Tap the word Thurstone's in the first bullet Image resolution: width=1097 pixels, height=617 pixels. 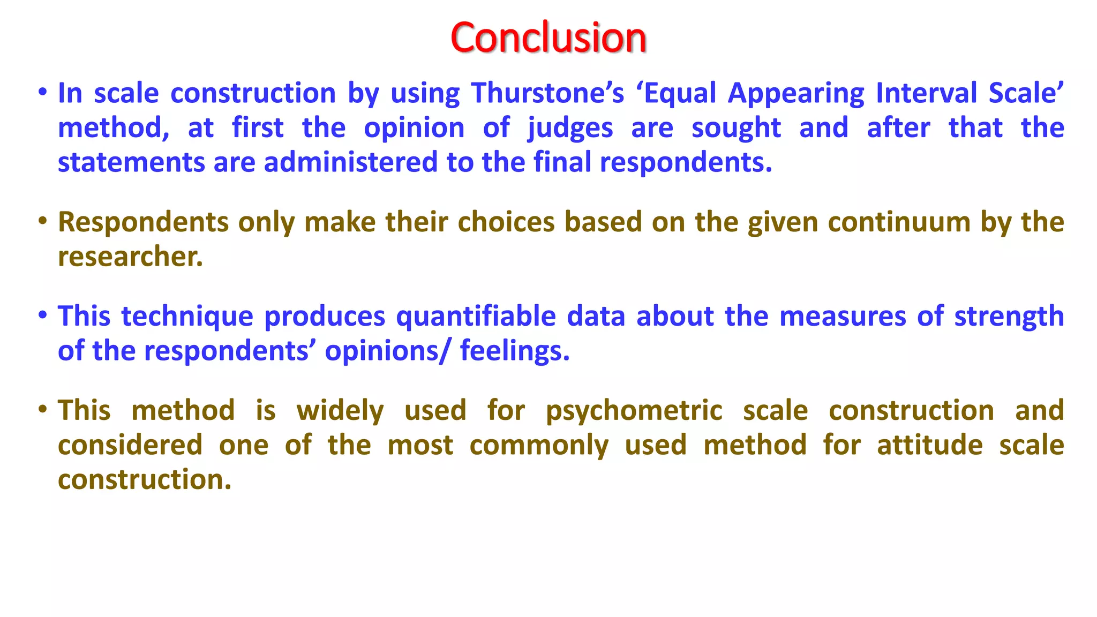(547, 93)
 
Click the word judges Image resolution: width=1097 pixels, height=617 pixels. (570, 129)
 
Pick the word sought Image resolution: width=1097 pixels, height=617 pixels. (736, 129)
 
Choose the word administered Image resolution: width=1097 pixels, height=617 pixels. (350, 162)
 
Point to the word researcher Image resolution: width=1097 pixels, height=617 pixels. (130, 257)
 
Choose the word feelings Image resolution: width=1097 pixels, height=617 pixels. (514, 351)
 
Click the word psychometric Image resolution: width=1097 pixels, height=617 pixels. (634, 411)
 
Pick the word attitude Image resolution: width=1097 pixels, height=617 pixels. (929, 446)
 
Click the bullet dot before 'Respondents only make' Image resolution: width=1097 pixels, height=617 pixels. (43, 221)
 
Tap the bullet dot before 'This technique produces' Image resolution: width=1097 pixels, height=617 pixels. (43, 315)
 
